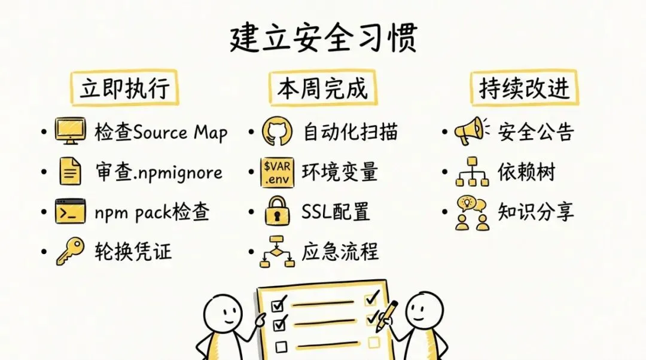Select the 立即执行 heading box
pos(125,89)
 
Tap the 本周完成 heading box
pos(322,89)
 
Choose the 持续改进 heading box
pos(524,89)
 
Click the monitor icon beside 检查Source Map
pos(70,131)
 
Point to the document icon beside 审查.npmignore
pos(70,172)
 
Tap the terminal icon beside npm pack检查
pos(70,212)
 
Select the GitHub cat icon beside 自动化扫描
pos(277,131)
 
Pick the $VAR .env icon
pos(277,172)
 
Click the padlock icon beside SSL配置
pos(277,212)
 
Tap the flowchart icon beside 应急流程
pos(277,252)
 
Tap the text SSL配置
pos(336,212)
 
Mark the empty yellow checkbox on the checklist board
pos(374,342)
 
